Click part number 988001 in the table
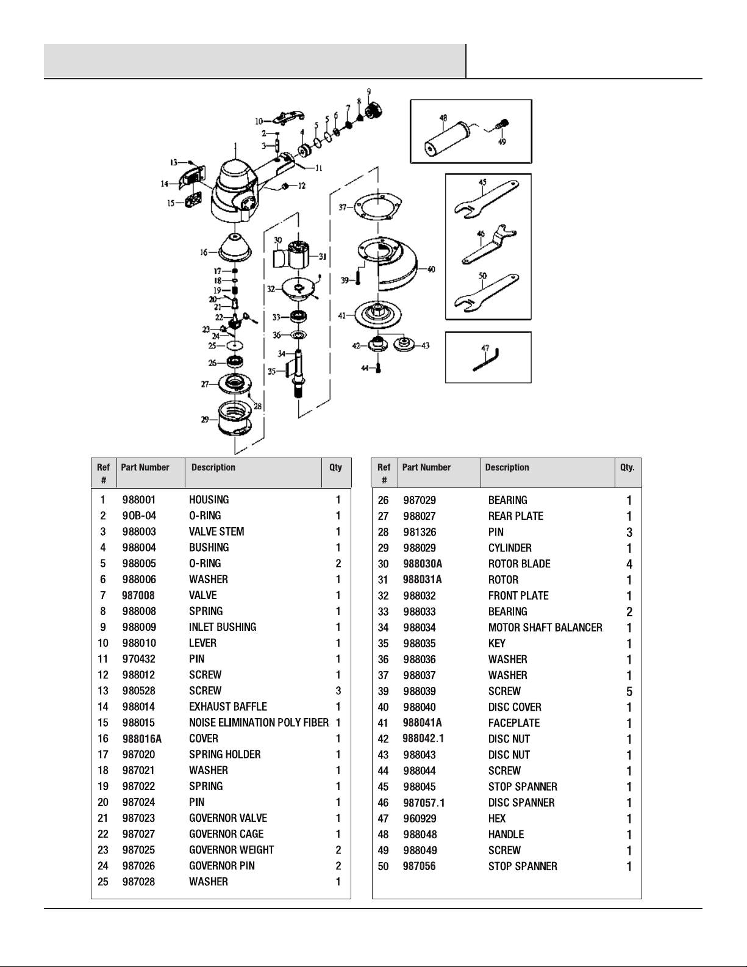point(139,500)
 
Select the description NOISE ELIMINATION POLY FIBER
point(259,723)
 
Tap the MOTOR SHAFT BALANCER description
point(545,628)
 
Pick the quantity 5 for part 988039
point(629,692)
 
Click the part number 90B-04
point(139,516)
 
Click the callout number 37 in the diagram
point(343,207)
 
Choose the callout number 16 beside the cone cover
point(204,251)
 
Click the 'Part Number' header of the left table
point(145,467)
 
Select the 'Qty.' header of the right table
point(627,467)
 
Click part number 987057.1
point(424,803)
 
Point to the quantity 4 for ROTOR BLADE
point(629,564)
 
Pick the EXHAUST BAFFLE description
point(228,707)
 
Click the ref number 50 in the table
point(383,866)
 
